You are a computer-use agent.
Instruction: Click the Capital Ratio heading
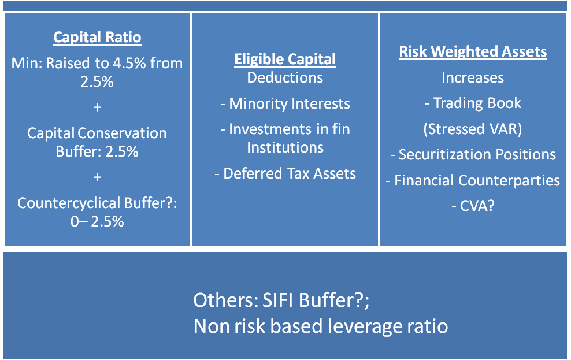[x=97, y=38]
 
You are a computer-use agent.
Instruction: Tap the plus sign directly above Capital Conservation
[x=97, y=107]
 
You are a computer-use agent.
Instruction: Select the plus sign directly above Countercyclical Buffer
[x=97, y=177]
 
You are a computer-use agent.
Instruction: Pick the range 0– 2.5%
[x=97, y=221]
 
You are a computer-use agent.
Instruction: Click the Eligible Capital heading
[x=285, y=59]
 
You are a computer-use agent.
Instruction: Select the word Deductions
[x=285, y=77]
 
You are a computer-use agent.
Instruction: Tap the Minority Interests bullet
[x=285, y=103]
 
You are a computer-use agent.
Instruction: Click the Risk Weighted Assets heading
[x=473, y=51]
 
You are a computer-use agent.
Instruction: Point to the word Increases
[x=473, y=77]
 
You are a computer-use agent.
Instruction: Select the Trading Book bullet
[x=473, y=103]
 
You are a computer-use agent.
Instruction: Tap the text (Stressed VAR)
[x=473, y=128]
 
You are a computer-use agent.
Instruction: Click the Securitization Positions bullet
[x=473, y=154]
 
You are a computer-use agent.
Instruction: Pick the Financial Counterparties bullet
[x=473, y=180]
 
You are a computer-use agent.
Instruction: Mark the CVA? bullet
[x=473, y=206]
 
